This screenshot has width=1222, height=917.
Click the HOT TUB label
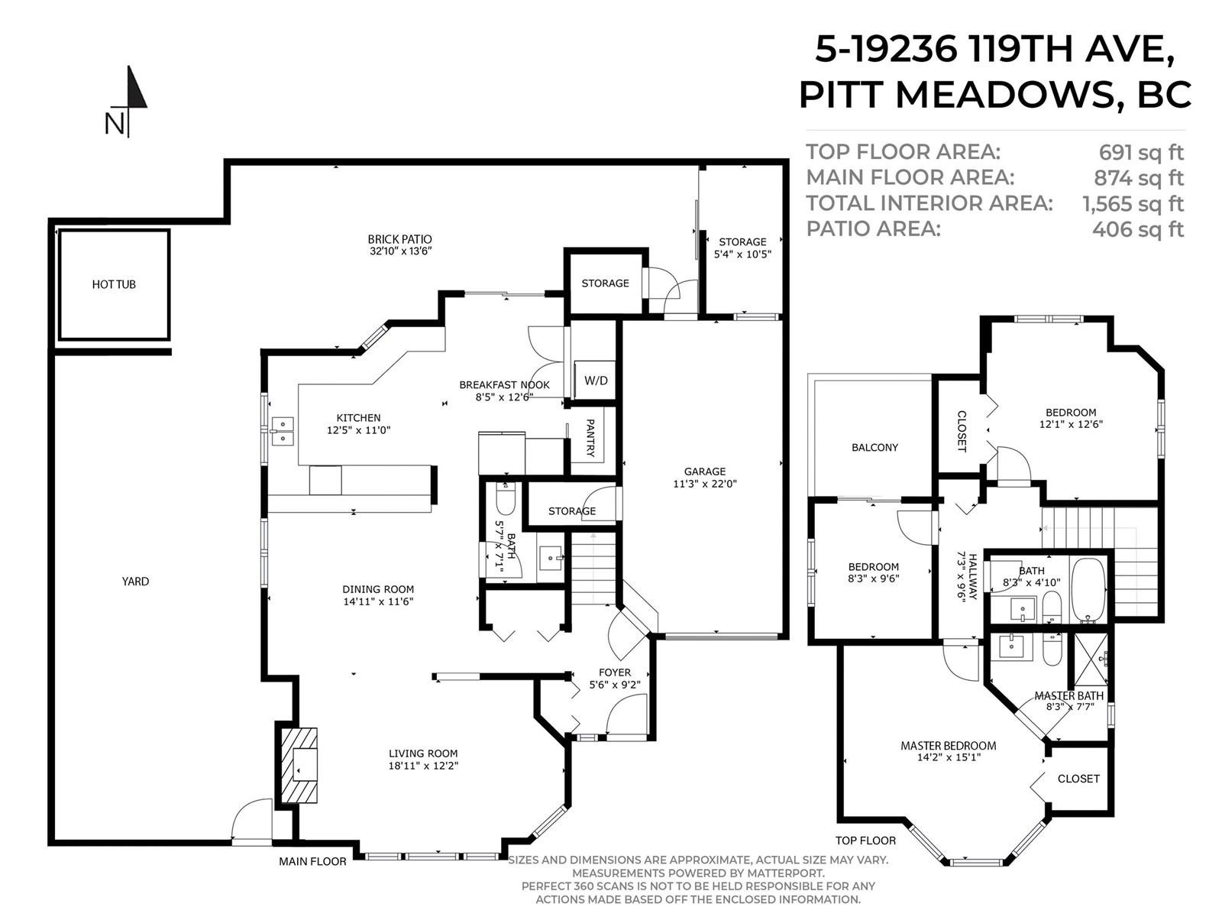point(114,284)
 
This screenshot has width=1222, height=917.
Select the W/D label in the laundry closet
point(596,381)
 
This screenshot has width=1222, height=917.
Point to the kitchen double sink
point(283,432)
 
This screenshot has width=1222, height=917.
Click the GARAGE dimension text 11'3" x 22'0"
point(705,484)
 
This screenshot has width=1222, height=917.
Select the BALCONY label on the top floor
point(874,447)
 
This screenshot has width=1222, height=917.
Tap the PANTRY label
point(590,438)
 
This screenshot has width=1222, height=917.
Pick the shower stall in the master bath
point(1091,659)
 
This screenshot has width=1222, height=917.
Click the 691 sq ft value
point(1141,153)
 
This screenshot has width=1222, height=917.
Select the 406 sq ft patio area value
point(1138,229)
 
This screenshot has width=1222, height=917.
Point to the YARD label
point(135,582)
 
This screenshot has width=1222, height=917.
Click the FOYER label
point(615,672)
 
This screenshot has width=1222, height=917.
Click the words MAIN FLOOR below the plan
point(312,861)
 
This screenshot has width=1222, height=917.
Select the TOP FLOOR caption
point(865,840)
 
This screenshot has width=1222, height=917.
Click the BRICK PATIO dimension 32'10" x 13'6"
point(401,251)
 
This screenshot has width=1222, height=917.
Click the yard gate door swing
point(251,821)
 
